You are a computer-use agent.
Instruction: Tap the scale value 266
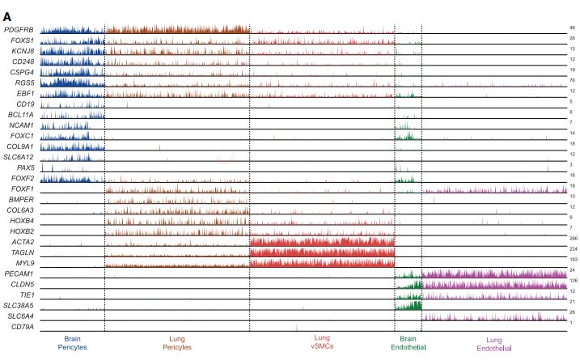click(x=572, y=239)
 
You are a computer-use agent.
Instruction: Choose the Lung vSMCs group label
click(x=321, y=342)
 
